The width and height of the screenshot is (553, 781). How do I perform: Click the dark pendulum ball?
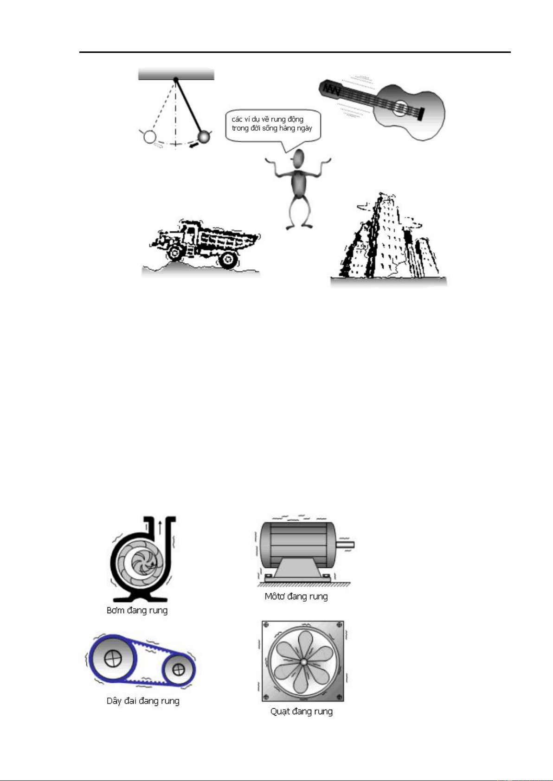[x=204, y=137]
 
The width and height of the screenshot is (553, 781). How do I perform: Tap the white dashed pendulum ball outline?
[x=149, y=137]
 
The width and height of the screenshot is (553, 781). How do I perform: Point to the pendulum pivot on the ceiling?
[x=176, y=80]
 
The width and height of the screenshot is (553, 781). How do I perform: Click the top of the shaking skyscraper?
[x=384, y=196]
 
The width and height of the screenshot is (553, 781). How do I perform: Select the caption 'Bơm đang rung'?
[x=137, y=610]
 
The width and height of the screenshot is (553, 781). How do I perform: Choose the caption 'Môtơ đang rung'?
[x=296, y=597]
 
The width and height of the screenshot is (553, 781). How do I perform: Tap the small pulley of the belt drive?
[x=178, y=669]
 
